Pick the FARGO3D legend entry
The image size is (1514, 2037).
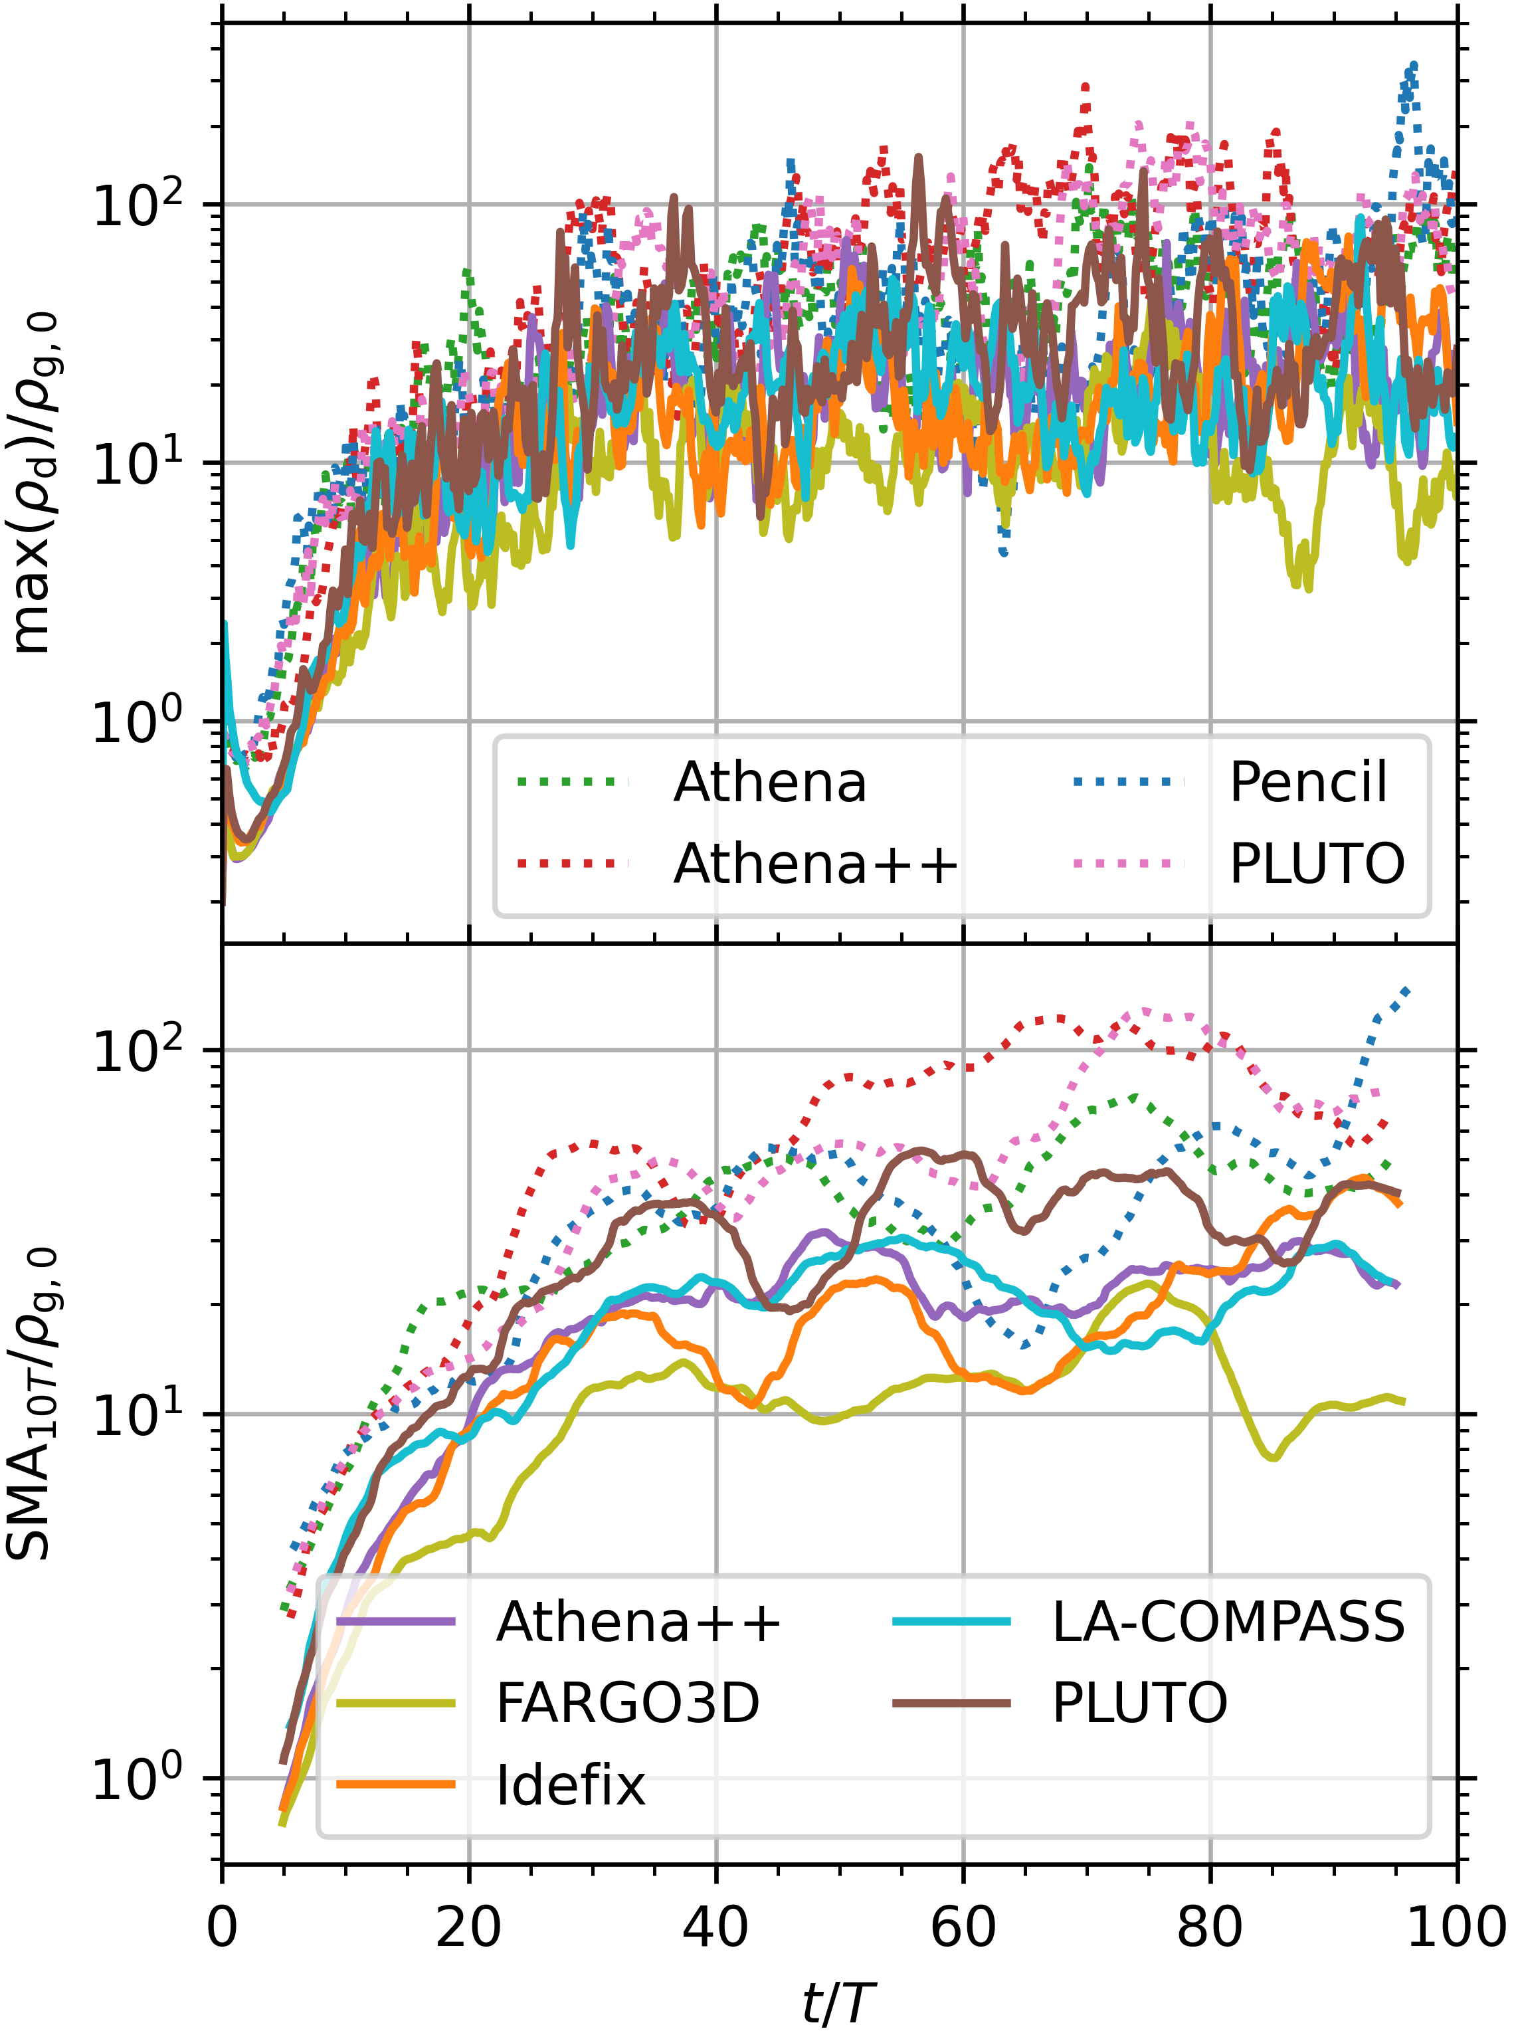[x=628, y=1703]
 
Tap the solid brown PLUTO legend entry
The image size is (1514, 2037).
[x=1139, y=1703]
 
